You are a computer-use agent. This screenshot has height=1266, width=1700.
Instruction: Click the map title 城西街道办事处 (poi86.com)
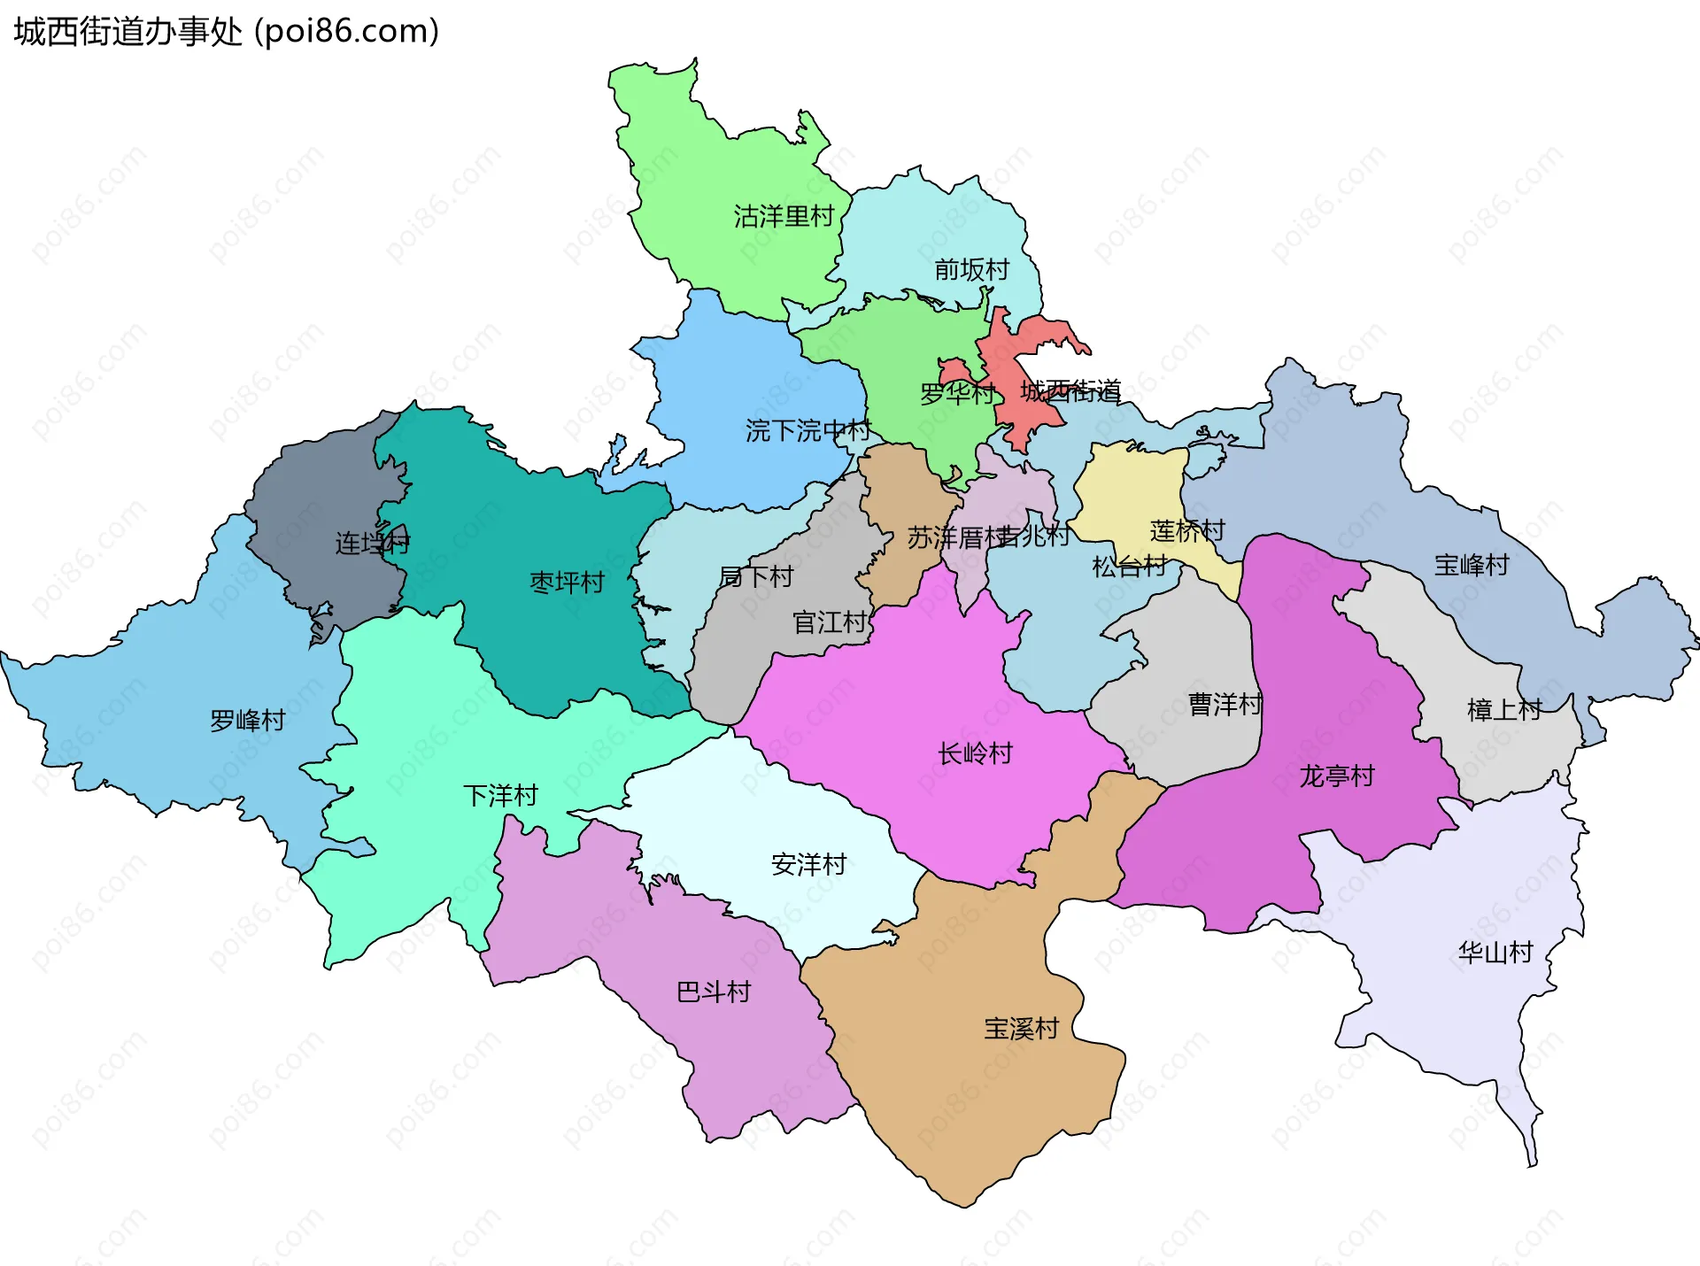(226, 32)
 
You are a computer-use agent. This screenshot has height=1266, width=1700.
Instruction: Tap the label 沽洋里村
(784, 216)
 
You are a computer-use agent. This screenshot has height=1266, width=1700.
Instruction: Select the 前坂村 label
(971, 269)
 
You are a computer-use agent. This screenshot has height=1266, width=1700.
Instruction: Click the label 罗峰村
(247, 721)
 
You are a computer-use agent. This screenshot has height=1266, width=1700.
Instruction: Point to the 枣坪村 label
(567, 583)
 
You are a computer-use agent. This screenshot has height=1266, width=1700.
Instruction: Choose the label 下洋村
(500, 796)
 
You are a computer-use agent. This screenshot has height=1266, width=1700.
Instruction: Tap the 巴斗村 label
(713, 992)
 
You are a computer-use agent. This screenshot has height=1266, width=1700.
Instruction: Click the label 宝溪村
(1021, 1029)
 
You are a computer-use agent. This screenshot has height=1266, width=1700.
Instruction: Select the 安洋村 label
(808, 864)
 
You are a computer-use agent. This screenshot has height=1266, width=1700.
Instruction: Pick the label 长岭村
(975, 754)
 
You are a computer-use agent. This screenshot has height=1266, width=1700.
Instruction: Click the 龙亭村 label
(1336, 776)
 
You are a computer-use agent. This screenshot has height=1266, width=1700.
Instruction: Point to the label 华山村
(1495, 953)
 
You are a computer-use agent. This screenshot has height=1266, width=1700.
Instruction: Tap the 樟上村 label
(1503, 710)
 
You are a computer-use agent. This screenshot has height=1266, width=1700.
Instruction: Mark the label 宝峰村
(1472, 565)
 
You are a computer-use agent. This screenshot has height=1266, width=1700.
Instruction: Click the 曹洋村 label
(1225, 705)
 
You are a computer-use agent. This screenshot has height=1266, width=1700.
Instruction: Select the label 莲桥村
(1186, 531)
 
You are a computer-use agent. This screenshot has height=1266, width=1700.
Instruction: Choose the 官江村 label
(829, 622)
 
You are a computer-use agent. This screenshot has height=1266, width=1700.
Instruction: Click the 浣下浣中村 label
(807, 431)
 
